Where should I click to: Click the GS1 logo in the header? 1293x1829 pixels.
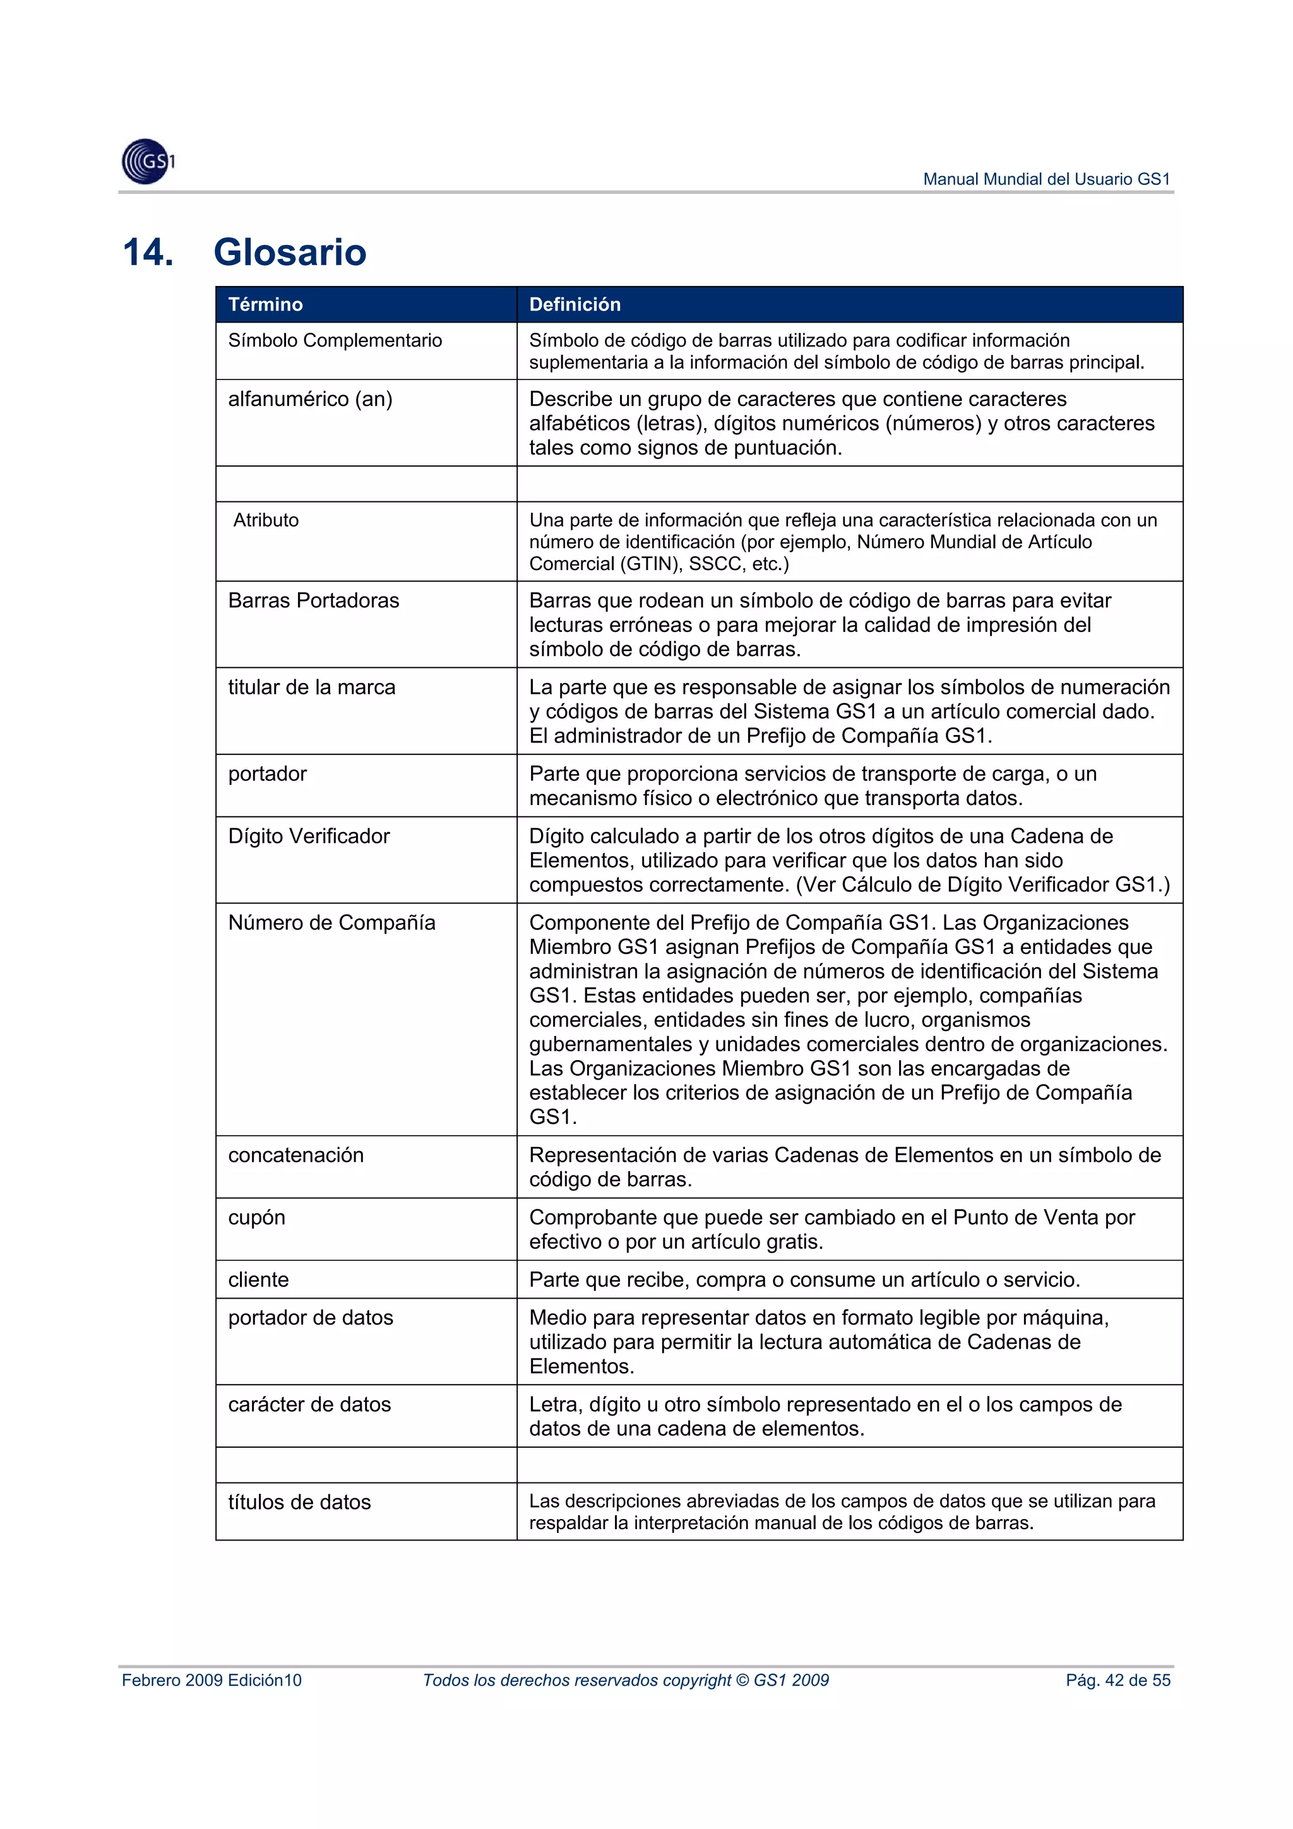(148, 162)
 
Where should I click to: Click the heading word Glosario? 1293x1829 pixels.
(290, 253)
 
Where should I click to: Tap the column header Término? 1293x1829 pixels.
(265, 304)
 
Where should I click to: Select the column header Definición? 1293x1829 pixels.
(575, 304)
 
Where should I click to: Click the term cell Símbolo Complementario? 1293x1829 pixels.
(335, 341)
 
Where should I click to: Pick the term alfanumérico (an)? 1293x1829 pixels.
(310, 399)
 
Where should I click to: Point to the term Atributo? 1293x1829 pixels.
(265, 520)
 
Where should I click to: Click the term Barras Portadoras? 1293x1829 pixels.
(313, 600)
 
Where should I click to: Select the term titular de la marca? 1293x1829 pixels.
(311, 688)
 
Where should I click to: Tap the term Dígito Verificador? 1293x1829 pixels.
(309, 837)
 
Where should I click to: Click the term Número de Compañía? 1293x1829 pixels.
(331, 923)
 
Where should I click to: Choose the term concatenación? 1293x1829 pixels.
(295, 1156)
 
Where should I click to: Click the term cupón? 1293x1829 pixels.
(256, 1218)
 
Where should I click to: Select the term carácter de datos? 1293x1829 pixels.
(309, 1404)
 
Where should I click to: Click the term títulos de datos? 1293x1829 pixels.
(299, 1503)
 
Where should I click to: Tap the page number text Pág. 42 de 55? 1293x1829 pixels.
(1117, 1681)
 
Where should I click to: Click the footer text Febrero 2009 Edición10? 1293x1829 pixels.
(212, 1681)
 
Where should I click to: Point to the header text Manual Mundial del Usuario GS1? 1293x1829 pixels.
(1046, 179)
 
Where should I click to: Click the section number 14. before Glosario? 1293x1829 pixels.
(148, 253)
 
